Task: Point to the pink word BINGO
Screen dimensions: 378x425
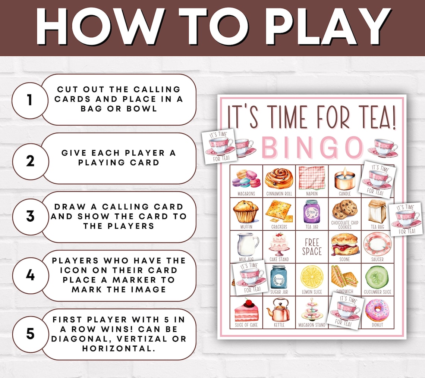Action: (x=312, y=147)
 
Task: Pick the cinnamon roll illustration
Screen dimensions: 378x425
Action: (x=279, y=178)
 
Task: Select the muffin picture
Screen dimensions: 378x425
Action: (x=246, y=211)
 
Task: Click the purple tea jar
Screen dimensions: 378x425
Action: (x=312, y=211)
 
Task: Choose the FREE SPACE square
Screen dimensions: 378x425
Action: (x=312, y=247)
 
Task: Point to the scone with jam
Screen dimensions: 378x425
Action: (x=344, y=244)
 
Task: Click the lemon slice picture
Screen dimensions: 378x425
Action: (x=312, y=277)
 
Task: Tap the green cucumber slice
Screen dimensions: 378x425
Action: (x=377, y=277)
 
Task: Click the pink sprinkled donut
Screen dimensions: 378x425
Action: (x=377, y=310)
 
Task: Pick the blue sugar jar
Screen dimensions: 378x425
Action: (x=279, y=277)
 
